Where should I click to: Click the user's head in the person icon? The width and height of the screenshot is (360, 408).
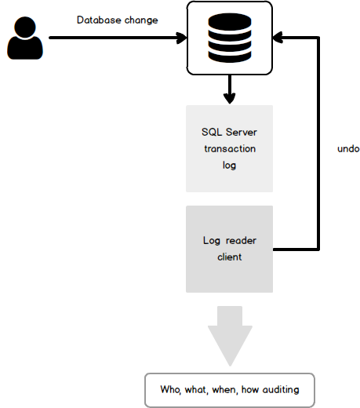[25, 27]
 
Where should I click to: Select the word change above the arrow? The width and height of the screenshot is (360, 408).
[141, 20]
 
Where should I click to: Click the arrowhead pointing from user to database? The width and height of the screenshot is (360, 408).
[182, 38]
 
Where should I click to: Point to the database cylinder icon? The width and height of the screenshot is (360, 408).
[230, 38]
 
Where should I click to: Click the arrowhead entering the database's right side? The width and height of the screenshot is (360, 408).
[278, 38]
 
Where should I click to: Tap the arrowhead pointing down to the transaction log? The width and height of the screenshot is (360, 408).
[230, 98]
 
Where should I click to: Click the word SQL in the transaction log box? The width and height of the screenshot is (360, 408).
[212, 132]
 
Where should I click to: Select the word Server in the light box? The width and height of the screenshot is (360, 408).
[242, 132]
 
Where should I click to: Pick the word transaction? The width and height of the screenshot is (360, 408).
[230, 148]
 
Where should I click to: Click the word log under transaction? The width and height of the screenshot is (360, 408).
[229, 166]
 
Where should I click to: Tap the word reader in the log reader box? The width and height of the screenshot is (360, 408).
[241, 241]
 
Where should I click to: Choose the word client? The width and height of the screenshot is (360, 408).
[229, 257]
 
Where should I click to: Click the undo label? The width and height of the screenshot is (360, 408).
[348, 148]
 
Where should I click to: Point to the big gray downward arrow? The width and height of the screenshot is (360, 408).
[230, 336]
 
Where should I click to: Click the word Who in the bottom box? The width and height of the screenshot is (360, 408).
[170, 390]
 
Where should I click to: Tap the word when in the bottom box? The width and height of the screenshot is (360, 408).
[225, 390]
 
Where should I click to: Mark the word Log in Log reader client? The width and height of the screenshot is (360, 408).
[212, 241]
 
